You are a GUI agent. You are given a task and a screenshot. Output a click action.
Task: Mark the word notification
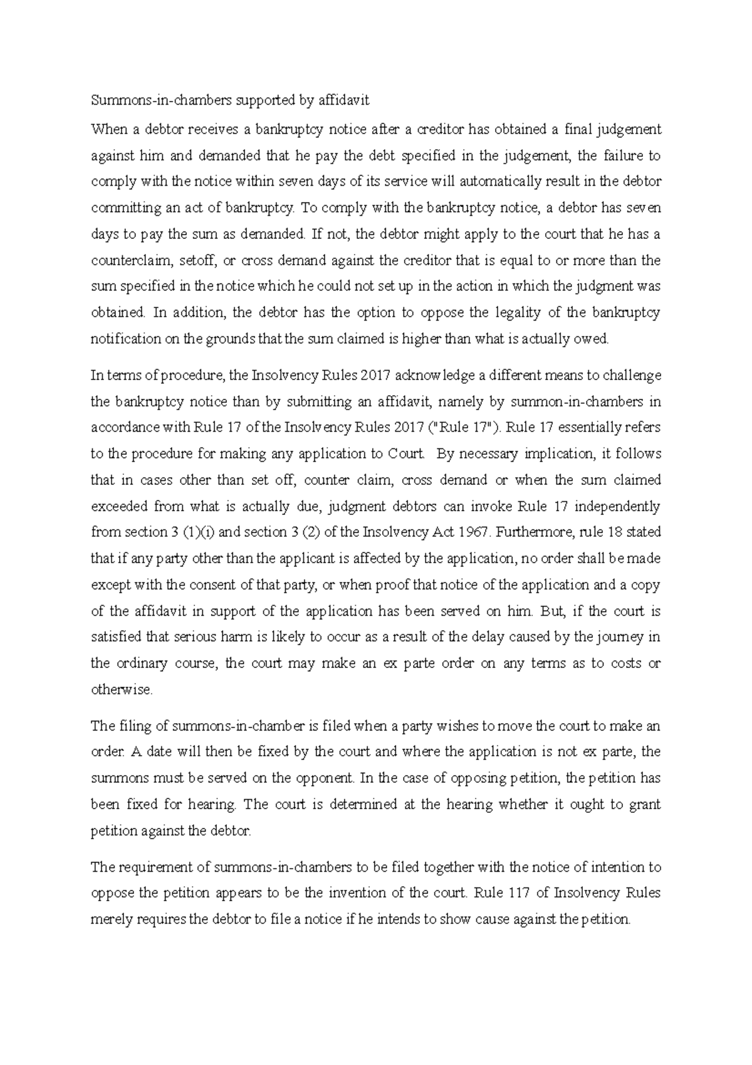(126, 339)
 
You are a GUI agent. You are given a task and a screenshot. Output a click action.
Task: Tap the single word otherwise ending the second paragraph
(121, 690)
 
